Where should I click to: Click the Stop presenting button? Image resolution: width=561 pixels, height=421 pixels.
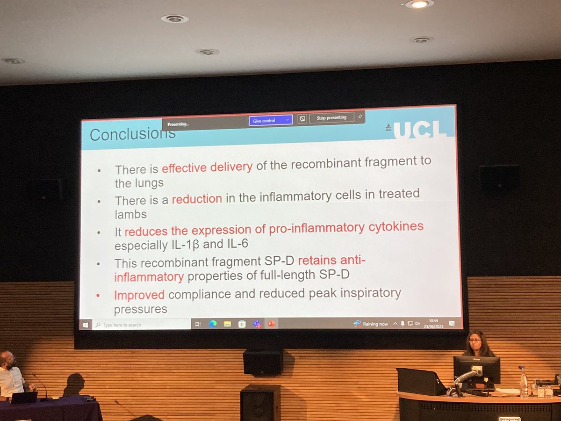point(331,118)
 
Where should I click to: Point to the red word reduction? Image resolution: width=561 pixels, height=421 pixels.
point(197,199)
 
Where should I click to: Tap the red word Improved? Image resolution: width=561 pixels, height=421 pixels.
point(139,295)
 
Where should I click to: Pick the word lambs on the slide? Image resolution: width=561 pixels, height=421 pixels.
point(130,214)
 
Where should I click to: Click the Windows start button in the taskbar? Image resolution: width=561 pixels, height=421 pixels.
point(86,324)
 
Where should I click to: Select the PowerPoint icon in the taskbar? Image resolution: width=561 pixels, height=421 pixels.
point(271,324)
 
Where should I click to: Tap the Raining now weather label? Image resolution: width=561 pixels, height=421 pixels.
point(376,324)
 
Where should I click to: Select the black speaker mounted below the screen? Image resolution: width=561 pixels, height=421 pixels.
point(263,361)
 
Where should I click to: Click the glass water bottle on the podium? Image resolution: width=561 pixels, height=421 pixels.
point(524,382)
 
